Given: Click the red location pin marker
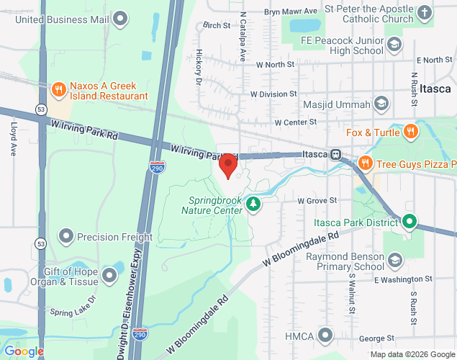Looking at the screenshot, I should (228, 166).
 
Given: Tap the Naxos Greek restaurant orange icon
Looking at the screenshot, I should (58, 89).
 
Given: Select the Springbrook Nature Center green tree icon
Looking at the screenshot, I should (253, 204).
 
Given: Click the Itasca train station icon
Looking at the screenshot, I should (335, 154).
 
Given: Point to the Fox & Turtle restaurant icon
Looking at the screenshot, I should (410, 132).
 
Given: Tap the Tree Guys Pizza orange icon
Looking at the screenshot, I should (366, 162).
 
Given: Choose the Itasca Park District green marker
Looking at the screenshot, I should (410, 221).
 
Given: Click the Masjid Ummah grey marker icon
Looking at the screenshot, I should (380, 105).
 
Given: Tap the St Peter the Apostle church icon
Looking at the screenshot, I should (425, 13).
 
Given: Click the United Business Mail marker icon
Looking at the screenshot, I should (121, 18).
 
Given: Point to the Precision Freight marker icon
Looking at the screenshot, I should (66, 236).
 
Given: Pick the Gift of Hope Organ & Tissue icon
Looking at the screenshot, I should (109, 274).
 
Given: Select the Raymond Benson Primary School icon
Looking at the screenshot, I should (394, 259).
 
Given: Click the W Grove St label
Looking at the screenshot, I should (317, 199).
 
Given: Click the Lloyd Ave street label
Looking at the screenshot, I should (13, 140).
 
